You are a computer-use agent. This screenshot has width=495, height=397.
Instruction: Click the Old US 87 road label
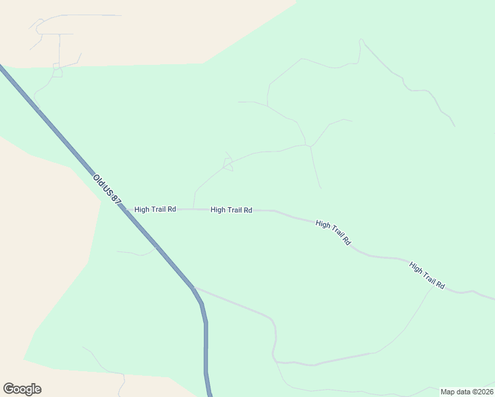click(x=108, y=189)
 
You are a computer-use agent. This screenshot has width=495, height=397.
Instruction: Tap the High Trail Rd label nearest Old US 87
click(x=155, y=209)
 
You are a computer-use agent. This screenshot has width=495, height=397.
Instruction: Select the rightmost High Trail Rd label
click(x=427, y=276)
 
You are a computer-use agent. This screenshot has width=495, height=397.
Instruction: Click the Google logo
click(x=22, y=389)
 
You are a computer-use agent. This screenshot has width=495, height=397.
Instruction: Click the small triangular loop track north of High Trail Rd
click(x=228, y=165)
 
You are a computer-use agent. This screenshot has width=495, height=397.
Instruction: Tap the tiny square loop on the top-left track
click(x=58, y=73)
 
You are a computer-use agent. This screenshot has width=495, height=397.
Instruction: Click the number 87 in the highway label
click(x=116, y=198)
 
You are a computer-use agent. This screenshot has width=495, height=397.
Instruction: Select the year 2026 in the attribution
click(x=484, y=392)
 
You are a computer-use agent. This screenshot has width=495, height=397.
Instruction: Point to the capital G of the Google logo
click(x=9, y=389)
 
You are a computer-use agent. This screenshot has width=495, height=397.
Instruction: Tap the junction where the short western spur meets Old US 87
click(x=157, y=247)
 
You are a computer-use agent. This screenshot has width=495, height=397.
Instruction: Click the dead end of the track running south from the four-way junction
click(x=321, y=188)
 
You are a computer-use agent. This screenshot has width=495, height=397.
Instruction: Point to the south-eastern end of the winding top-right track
click(x=455, y=126)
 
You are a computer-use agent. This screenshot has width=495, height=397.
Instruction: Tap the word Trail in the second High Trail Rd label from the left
click(x=231, y=210)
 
